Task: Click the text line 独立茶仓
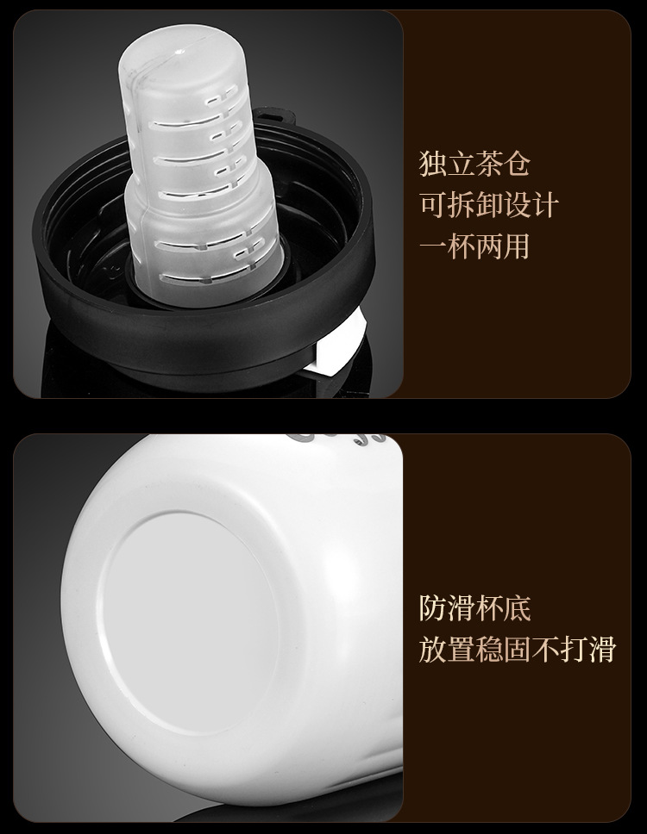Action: pos(474,165)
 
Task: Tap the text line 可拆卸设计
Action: pos(489,206)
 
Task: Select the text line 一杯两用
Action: pos(474,247)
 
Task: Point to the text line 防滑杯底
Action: pos(474,608)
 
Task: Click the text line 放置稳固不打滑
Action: pos(517,650)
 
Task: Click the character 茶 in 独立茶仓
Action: pos(488,165)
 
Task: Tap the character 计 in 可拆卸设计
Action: pos(545,206)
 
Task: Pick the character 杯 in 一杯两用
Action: pos(461,247)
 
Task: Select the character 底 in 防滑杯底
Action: pos(517,608)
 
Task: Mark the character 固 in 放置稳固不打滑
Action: pos(517,650)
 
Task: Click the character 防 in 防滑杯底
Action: pos(432,608)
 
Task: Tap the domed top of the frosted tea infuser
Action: pos(181,53)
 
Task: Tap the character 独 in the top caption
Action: pos(432,165)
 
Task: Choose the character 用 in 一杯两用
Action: pos(517,247)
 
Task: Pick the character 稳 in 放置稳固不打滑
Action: pos(489,650)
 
